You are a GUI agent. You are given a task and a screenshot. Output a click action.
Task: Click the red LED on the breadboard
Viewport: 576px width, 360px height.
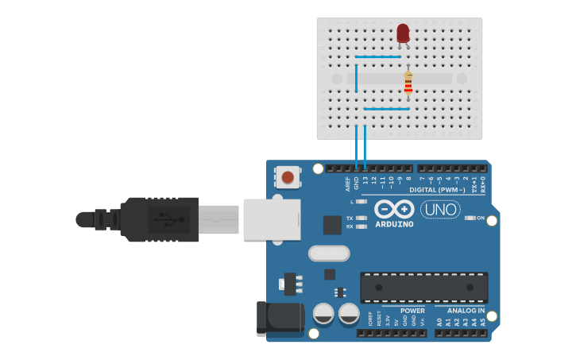[403, 33]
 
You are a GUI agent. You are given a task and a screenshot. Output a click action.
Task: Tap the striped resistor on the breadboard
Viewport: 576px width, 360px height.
[408, 83]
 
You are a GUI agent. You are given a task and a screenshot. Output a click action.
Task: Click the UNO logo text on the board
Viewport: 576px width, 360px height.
[440, 209]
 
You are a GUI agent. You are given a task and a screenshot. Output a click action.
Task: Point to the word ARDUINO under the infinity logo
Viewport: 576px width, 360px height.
[395, 224]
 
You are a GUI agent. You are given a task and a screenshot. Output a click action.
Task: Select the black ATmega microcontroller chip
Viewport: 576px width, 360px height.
[423, 287]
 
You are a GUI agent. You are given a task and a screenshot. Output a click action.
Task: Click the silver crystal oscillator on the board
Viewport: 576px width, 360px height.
[329, 253]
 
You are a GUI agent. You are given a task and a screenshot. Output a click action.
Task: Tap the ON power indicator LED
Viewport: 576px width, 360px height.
[469, 218]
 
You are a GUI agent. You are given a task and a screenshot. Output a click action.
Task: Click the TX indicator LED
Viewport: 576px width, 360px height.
[362, 218]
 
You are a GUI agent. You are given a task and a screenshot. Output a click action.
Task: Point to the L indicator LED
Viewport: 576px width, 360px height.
[362, 201]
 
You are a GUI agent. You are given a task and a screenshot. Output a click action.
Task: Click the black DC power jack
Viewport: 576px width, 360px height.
[279, 319]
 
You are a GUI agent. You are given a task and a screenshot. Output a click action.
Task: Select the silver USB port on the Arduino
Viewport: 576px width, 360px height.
[272, 219]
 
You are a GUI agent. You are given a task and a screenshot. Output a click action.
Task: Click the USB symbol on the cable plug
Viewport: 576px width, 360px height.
[168, 219]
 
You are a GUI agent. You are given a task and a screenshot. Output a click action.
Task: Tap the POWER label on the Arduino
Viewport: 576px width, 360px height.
[412, 311]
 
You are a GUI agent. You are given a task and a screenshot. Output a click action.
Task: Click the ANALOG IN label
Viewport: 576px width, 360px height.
[466, 311]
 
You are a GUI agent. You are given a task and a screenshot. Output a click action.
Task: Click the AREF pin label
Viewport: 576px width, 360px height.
[348, 184]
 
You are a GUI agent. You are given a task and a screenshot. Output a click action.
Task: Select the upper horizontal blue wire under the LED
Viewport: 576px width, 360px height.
[378, 56]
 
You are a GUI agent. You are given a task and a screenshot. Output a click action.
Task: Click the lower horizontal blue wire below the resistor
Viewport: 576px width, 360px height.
[387, 109]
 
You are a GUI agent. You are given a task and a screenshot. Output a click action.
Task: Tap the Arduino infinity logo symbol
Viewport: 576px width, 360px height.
[394, 209]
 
